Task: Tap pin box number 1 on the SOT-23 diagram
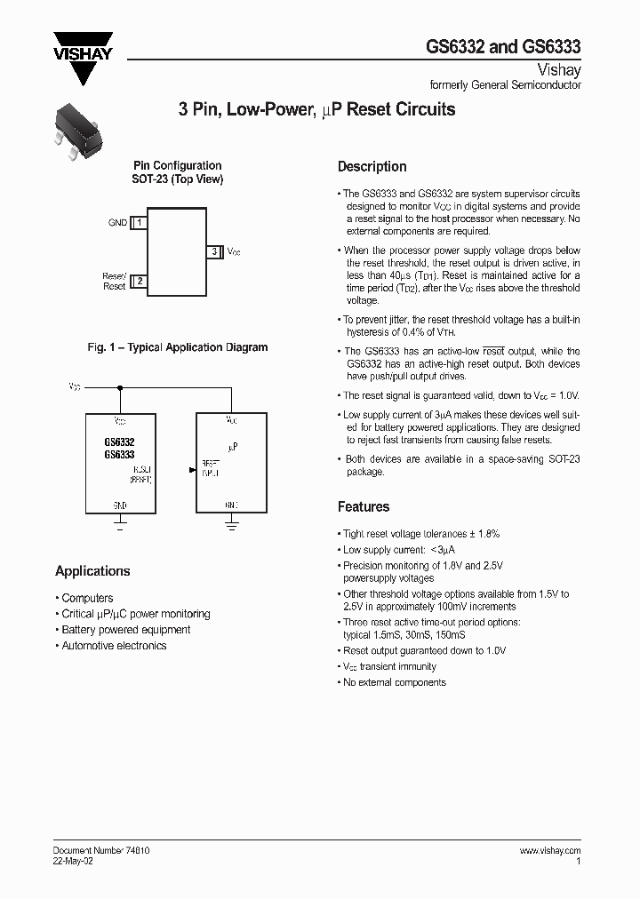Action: click(x=139, y=223)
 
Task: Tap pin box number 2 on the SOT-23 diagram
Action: click(x=139, y=282)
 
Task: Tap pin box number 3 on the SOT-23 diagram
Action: click(x=214, y=252)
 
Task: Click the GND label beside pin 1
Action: click(x=117, y=223)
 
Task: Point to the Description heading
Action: click(x=372, y=167)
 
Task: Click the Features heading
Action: click(x=363, y=507)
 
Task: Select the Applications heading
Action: click(x=92, y=571)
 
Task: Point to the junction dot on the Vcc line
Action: click(x=120, y=387)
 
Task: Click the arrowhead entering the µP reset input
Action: click(x=192, y=470)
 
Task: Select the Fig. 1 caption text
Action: click(x=177, y=347)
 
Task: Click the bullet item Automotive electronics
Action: click(x=113, y=646)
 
